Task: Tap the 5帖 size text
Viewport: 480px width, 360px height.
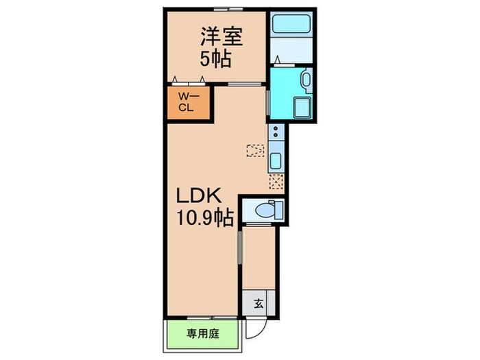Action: coord(215,58)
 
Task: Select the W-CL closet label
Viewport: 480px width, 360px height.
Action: coord(185,102)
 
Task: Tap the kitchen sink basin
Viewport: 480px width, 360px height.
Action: coord(276,162)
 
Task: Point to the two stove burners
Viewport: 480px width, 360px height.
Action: coord(276,131)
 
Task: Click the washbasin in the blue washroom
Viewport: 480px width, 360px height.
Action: coord(305,80)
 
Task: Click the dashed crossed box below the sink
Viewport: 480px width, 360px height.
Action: coord(276,182)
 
